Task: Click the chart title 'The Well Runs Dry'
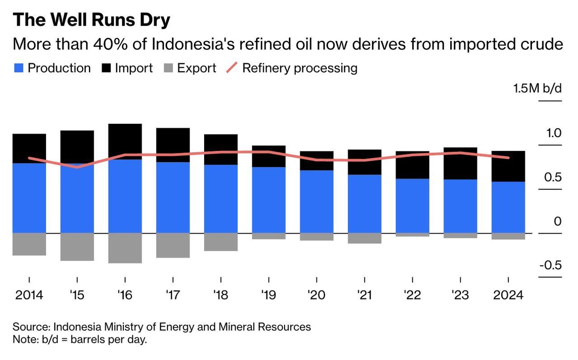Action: pos(91,20)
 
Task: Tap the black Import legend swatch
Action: pos(106,68)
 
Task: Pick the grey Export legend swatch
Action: pos(168,68)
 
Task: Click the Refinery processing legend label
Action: pos(300,68)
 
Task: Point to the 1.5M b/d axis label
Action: pos(537,88)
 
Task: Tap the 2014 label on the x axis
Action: pos(29,295)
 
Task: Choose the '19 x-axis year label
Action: pos(268,295)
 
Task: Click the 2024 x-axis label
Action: pos(508,295)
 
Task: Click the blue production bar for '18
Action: pos(221,199)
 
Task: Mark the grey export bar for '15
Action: pos(77,247)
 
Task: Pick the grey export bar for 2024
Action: pos(508,236)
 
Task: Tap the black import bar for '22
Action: pos(412,165)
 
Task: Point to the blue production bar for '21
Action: pos(364,204)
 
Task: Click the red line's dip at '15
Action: pos(77,167)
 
